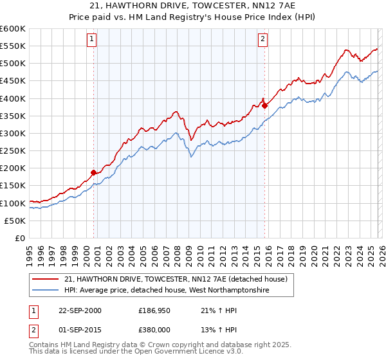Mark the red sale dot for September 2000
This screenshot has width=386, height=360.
pos(94,172)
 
